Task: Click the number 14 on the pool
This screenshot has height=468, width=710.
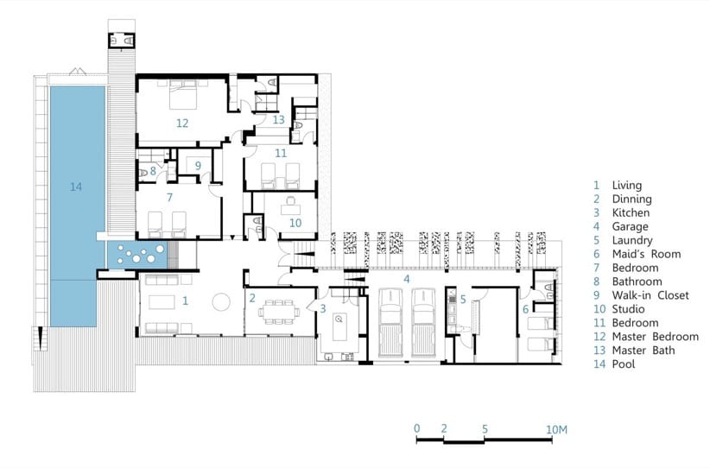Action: click(x=76, y=187)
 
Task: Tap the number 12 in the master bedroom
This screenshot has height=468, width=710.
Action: click(x=182, y=123)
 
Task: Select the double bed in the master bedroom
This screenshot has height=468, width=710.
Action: click(x=183, y=95)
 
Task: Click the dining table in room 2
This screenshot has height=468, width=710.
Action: click(x=279, y=312)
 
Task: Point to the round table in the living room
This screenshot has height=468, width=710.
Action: click(x=221, y=302)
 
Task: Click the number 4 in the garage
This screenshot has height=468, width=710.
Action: click(x=407, y=279)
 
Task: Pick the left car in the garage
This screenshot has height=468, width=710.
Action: click(x=390, y=323)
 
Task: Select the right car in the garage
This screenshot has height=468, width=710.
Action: click(x=424, y=323)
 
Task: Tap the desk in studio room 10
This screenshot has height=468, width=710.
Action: click(x=290, y=209)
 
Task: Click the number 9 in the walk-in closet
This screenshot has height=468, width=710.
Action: click(x=198, y=166)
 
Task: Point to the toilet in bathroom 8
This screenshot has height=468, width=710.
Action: click(x=143, y=174)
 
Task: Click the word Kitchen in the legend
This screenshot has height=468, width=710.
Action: click(x=631, y=212)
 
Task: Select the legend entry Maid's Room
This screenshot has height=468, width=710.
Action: click(x=646, y=254)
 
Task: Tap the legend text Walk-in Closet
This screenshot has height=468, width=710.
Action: click(x=650, y=295)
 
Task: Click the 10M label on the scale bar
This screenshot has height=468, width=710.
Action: click(x=556, y=429)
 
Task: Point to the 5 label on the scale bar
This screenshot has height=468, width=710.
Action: click(x=485, y=428)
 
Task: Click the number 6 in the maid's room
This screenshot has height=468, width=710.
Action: click(x=525, y=310)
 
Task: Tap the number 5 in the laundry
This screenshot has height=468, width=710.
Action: click(x=463, y=299)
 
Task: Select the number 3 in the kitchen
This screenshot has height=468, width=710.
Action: click(x=323, y=309)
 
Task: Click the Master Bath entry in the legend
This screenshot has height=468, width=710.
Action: click(x=643, y=351)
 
